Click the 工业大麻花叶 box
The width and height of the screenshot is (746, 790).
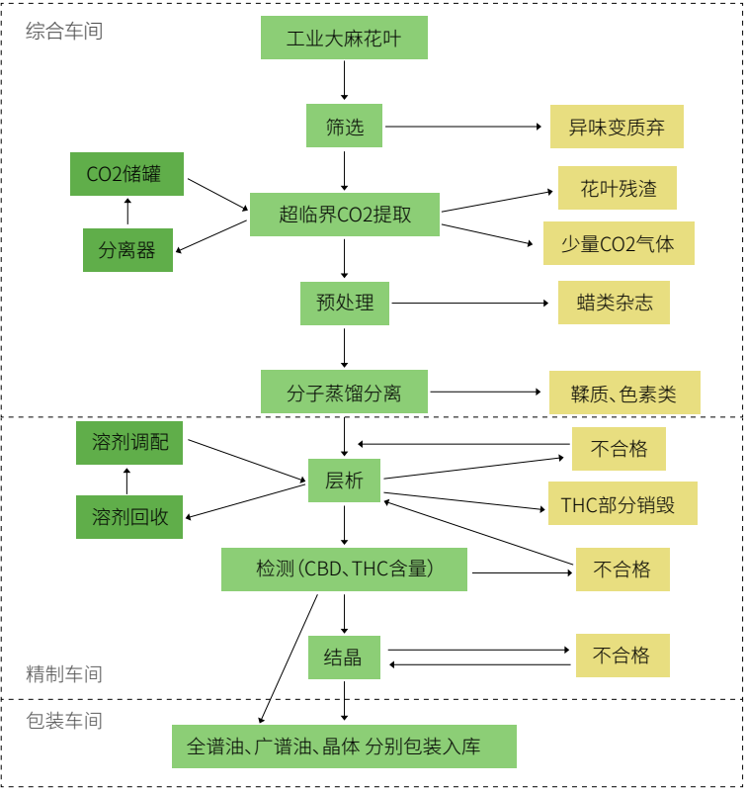pyautogui.click(x=344, y=40)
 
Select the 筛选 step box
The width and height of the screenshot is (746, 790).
pyautogui.click(x=344, y=127)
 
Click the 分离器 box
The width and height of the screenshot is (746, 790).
pyautogui.click(x=127, y=250)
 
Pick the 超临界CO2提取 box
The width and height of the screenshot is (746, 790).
pyautogui.click(x=344, y=214)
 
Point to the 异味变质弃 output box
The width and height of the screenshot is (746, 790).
pyautogui.click(x=617, y=127)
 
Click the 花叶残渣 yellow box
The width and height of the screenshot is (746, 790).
pyautogui.click(x=617, y=188)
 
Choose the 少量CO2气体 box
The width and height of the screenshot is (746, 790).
pyautogui.click(x=619, y=243)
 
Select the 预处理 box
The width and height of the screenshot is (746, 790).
pyautogui.click(x=344, y=303)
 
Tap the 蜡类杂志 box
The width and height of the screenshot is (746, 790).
pyautogui.click(x=614, y=303)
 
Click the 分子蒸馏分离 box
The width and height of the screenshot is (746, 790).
pyautogui.click(x=344, y=393)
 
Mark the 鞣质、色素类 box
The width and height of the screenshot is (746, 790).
pyautogui.click(x=623, y=393)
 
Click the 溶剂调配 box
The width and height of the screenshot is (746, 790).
pyautogui.click(x=129, y=442)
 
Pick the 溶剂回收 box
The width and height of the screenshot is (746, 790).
pyautogui.click(x=129, y=517)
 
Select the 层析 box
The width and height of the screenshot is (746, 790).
pyautogui.click(x=344, y=481)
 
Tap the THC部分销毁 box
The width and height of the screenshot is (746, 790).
pyautogui.click(x=622, y=503)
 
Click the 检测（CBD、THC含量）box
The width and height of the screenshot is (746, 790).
pyautogui.click(x=344, y=570)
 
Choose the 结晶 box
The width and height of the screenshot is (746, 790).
pyautogui.click(x=344, y=657)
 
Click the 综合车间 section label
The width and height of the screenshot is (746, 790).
pyautogui.click(x=64, y=31)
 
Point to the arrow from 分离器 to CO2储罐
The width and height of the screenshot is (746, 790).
pyautogui.click(x=126, y=211)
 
